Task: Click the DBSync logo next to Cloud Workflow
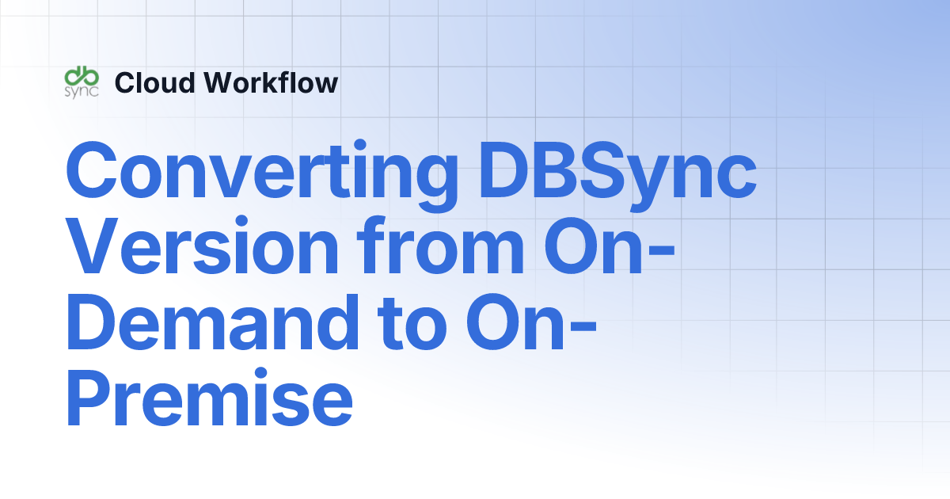tap(82, 82)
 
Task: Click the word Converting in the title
tap(262, 171)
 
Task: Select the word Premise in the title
tap(209, 395)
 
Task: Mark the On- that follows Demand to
tap(530, 320)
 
